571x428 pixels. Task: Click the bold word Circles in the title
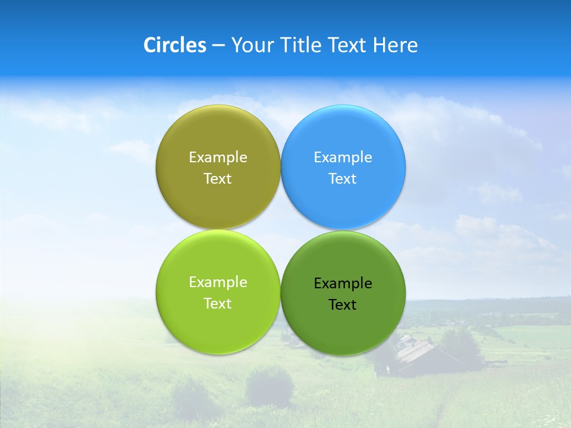click(x=174, y=45)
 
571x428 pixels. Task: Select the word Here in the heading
click(x=396, y=45)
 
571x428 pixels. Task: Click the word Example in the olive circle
click(x=218, y=158)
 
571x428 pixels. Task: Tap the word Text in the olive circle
click(x=218, y=179)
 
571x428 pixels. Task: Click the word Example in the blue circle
click(x=343, y=158)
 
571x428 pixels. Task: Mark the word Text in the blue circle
click(x=343, y=179)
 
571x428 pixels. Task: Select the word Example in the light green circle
click(x=218, y=282)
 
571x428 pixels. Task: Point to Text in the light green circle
click(x=218, y=304)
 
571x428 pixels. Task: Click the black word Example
click(x=343, y=284)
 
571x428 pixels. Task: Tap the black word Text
click(x=343, y=305)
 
